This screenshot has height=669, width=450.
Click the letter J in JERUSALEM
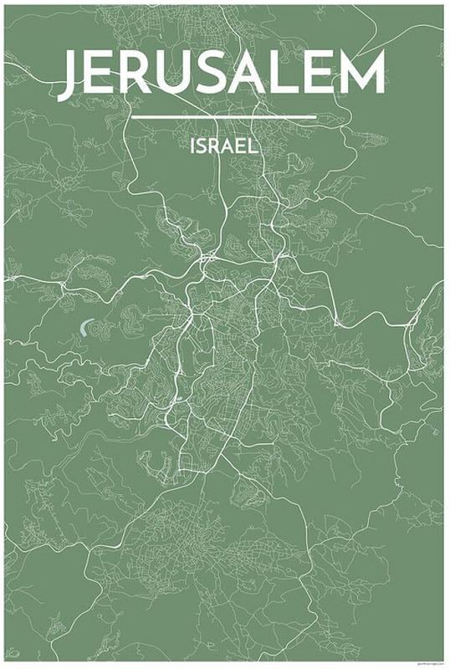click(x=74, y=75)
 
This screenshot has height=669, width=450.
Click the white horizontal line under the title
click(x=224, y=117)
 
